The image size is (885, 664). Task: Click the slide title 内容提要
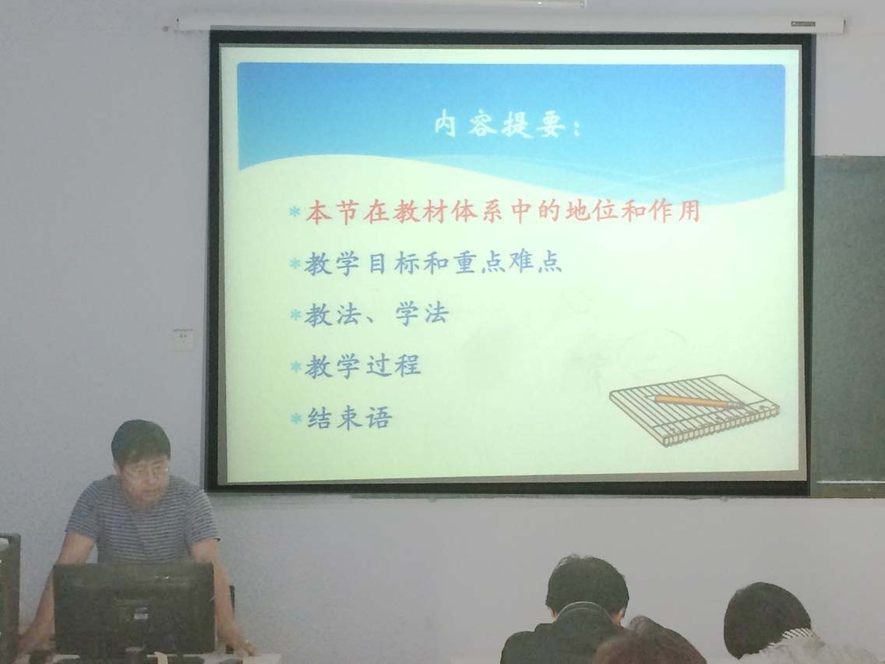point(500,124)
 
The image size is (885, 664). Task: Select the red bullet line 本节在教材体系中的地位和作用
point(503,211)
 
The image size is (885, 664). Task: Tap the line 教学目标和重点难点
point(433,263)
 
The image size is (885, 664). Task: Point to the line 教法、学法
point(377,315)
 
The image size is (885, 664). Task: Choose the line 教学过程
point(363,366)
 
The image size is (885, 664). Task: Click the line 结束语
point(349,419)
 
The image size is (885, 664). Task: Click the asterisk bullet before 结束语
point(296,419)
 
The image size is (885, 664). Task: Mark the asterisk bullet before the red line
point(294,212)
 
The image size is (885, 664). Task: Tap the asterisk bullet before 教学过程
point(296,367)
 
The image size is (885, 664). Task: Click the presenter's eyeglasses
point(146,469)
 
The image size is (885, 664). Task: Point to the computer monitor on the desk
point(134,608)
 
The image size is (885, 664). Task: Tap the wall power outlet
point(183,339)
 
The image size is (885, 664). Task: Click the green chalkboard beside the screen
point(848,322)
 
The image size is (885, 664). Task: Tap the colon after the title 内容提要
point(576,128)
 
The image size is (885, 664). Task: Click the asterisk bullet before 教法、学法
point(295,315)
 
